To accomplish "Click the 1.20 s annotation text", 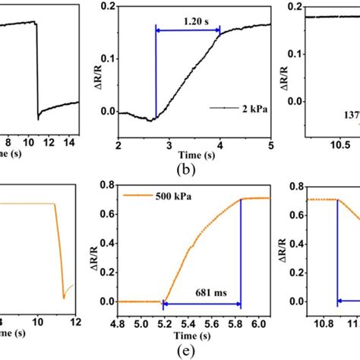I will [188, 22].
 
